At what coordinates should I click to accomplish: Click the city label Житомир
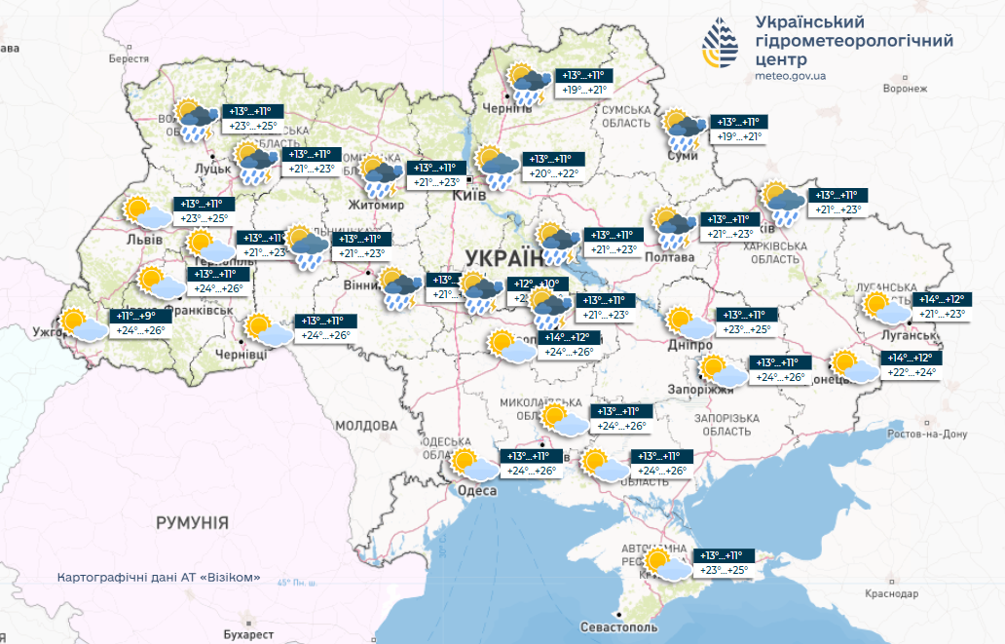(378, 207)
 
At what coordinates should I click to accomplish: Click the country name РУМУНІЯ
(192, 523)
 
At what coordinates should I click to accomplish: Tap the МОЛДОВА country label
(366, 426)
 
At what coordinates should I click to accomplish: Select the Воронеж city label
(906, 88)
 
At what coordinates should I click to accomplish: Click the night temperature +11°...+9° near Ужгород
(135, 317)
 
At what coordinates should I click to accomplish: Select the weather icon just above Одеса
(472, 464)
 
